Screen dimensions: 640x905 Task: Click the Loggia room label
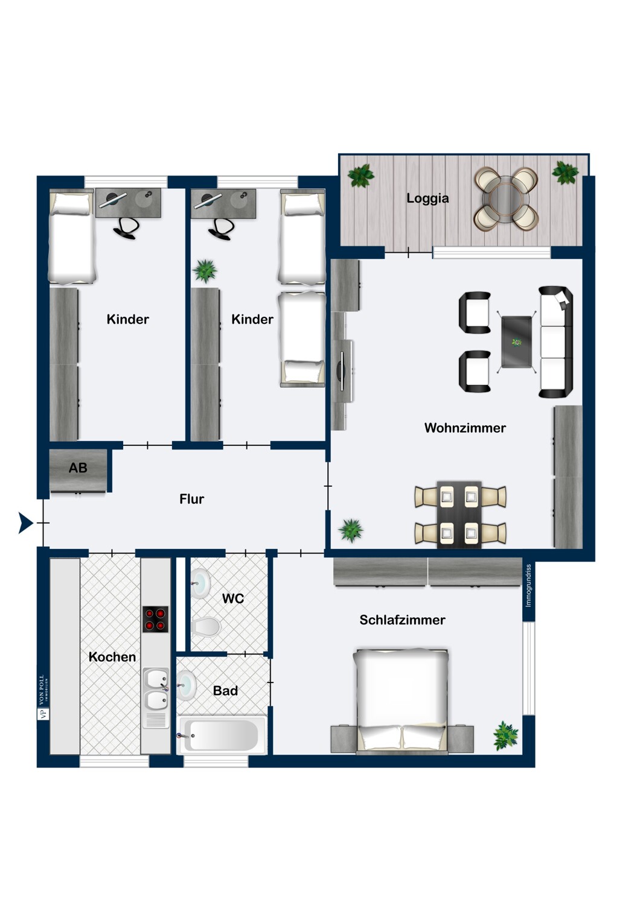(427, 198)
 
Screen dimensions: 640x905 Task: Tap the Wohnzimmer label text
(465, 428)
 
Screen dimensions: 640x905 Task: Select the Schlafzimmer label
(402, 620)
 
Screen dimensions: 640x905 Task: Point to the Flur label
(191, 499)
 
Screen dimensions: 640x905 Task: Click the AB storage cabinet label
(78, 468)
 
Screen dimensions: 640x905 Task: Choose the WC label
(233, 599)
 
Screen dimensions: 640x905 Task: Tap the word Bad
(225, 690)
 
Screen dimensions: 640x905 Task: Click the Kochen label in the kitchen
(112, 657)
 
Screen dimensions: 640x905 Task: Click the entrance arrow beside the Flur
(25, 523)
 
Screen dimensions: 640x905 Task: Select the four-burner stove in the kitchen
(155, 620)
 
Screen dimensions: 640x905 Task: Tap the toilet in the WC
(206, 627)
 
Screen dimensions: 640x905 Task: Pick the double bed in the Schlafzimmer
(402, 702)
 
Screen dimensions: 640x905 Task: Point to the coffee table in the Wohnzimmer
(516, 342)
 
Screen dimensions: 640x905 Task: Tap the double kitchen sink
(156, 690)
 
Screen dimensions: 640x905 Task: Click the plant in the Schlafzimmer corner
(505, 735)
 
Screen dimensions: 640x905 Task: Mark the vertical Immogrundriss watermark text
(528, 585)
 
